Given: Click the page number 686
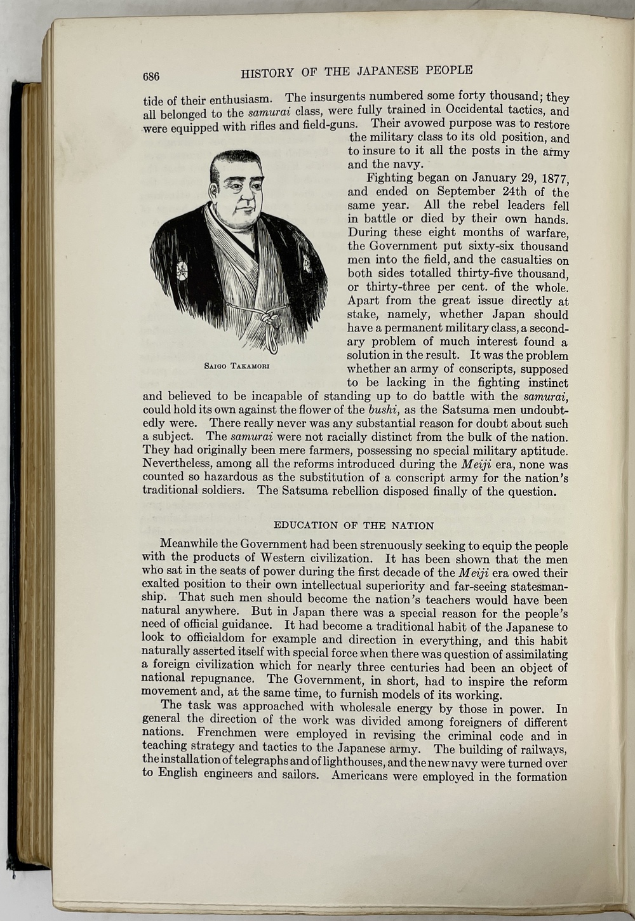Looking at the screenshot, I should click(150, 77).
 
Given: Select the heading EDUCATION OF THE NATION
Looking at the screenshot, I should click(354, 526).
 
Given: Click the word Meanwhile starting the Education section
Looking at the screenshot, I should click(189, 545).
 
